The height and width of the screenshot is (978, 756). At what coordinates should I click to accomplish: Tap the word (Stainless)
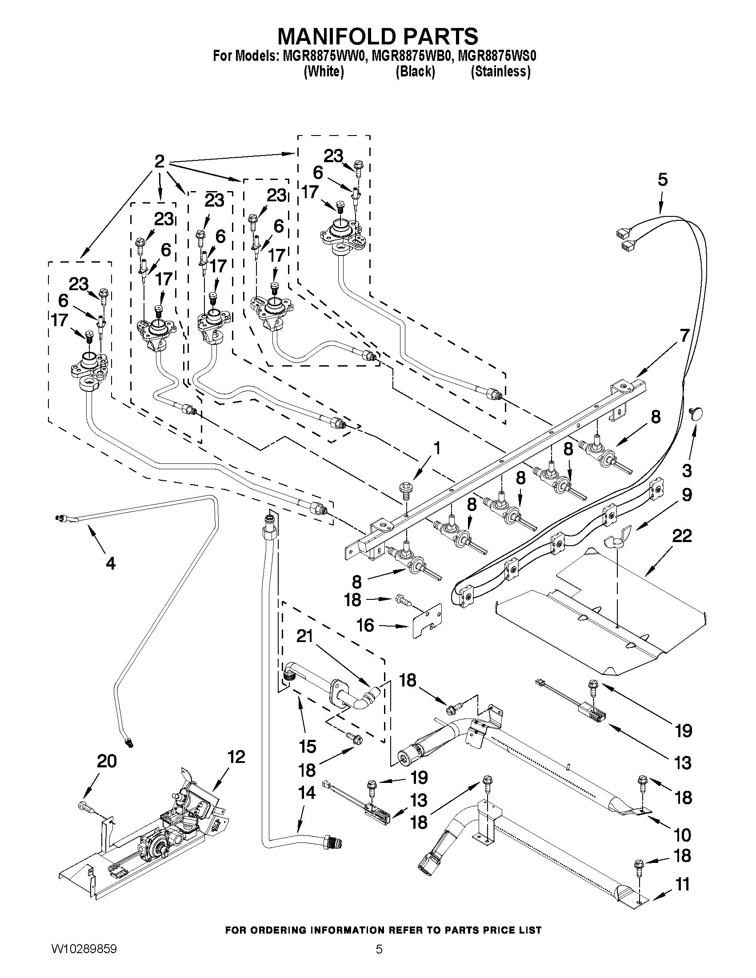point(500,72)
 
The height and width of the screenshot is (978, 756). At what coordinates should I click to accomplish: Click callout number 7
point(684,335)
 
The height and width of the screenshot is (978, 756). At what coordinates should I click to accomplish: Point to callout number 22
point(681,535)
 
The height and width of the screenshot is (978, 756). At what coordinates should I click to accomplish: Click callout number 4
point(110,563)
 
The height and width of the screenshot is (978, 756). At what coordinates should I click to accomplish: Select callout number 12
point(236,757)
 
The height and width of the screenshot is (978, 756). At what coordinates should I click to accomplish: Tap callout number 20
point(107,761)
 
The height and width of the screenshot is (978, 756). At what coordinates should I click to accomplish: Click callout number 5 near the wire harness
point(662,180)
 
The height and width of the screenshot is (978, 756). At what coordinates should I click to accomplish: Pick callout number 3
point(687,470)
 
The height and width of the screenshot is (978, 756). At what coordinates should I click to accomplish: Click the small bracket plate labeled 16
point(427,619)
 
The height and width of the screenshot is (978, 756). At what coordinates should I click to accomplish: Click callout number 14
point(306,793)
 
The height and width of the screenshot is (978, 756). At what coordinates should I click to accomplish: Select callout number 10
point(682,835)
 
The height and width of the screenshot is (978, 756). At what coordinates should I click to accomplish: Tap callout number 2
point(159,161)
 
